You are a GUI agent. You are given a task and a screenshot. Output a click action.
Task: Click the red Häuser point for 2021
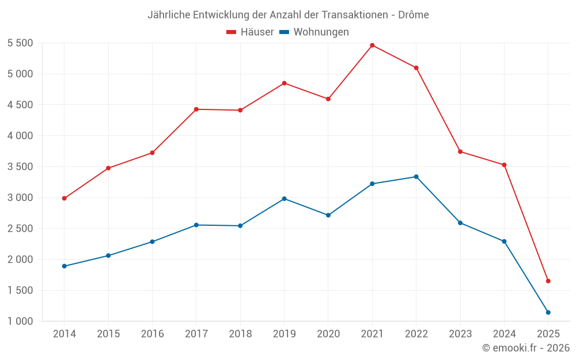click(x=372, y=45)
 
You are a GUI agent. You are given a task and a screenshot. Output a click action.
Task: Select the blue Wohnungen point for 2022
click(x=416, y=177)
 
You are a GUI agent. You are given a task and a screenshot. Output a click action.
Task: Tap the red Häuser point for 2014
click(x=65, y=198)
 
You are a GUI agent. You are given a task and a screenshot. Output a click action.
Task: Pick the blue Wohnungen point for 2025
click(x=548, y=312)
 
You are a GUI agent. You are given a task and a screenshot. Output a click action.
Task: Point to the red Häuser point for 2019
click(x=284, y=83)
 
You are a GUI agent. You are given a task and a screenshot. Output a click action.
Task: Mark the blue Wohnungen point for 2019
click(x=284, y=199)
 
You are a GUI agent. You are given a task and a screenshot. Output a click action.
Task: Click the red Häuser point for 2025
click(x=548, y=281)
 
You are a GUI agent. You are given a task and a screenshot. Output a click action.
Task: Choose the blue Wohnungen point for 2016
click(x=152, y=241)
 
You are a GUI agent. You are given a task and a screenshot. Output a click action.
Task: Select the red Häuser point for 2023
click(x=460, y=151)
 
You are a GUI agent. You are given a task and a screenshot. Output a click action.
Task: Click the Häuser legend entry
click(x=250, y=32)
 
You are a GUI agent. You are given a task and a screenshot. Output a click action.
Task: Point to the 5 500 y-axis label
click(x=20, y=43)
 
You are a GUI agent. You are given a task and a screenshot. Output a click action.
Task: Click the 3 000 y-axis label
click(x=20, y=198)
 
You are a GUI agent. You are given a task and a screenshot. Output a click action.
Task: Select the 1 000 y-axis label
click(x=20, y=321)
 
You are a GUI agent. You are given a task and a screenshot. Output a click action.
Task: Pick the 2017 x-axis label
click(x=196, y=334)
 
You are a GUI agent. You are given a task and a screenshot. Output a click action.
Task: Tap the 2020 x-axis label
click(x=328, y=334)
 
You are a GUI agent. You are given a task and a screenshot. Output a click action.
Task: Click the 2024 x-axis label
click(x=504, y=334)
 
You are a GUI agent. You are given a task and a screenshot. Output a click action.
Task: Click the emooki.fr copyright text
click(x=526, y=347)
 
